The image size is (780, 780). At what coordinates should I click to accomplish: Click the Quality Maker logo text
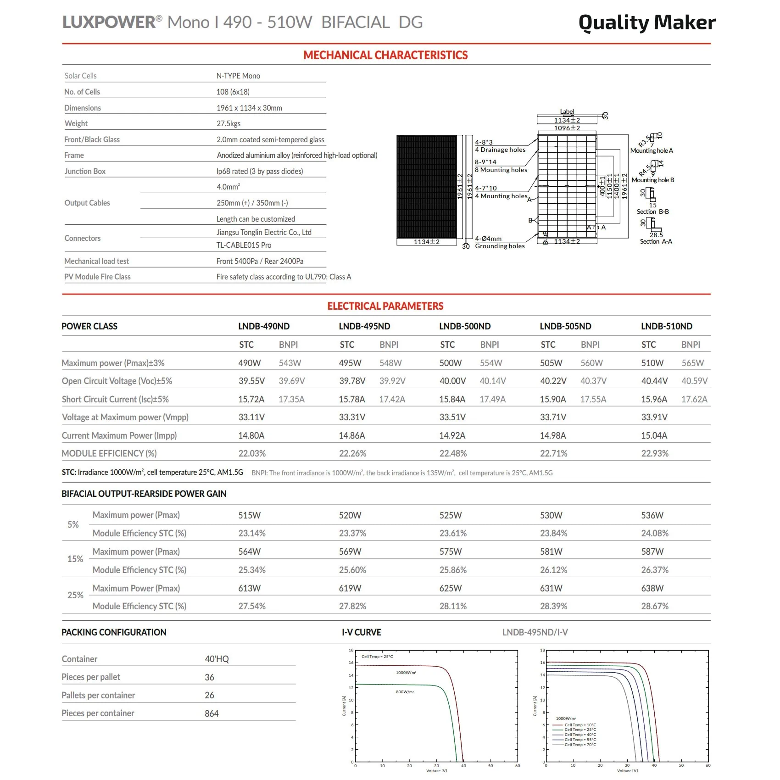coord(646,22)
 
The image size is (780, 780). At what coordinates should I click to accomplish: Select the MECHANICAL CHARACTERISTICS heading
coord(385,56)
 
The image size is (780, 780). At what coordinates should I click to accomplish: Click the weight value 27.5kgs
coord(228,123)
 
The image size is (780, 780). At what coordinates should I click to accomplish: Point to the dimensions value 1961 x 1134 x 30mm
coord(249,108)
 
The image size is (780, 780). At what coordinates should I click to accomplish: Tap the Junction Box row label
coord(85,171)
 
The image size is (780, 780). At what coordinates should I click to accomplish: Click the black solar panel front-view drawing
coord(427,186)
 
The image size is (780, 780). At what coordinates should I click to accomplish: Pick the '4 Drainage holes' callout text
coord(500,150)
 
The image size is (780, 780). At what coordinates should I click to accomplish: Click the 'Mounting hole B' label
coord(652,180)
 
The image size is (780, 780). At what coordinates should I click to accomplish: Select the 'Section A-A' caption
coord(656,241)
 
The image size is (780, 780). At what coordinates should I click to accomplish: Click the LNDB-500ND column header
coord(465,326)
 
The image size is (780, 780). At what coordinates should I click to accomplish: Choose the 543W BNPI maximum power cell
coord(290,363)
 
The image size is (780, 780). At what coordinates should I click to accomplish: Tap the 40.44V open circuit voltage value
coord(654,381)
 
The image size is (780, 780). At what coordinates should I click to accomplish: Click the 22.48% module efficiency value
coord(453,453)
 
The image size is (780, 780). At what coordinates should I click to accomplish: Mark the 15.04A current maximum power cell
coord(654,435)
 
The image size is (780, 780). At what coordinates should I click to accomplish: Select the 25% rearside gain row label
coord(75,595)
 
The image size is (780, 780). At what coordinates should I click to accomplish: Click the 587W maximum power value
coord(652,552)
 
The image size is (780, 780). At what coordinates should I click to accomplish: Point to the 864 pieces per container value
coord(212,713)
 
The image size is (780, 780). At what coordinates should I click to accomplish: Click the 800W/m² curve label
coord(405,692)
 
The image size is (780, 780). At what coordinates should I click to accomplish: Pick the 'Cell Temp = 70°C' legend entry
coord(580,745)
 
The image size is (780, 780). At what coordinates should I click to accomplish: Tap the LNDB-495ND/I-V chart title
coord(535,632)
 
